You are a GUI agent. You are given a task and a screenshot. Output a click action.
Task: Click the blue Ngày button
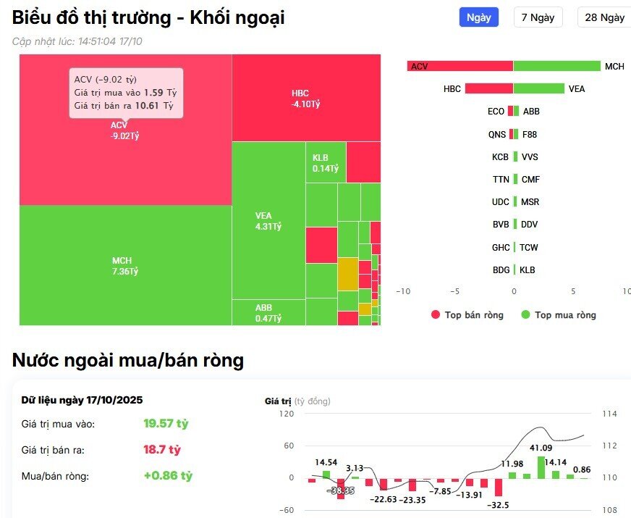coord(478,17)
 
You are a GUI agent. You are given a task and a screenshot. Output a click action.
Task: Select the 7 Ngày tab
coord(538,17)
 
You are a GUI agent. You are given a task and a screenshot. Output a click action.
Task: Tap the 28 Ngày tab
coord(604,17)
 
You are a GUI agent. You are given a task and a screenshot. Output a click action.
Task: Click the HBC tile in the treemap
coord(306,98)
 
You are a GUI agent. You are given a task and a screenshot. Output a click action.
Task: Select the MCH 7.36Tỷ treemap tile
coord(125,265)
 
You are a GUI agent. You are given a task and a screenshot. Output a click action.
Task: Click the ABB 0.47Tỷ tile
coord(268,312)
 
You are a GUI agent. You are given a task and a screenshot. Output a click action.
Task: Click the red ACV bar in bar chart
coord(460,66)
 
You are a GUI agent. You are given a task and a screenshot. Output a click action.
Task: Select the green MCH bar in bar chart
coord(556,66)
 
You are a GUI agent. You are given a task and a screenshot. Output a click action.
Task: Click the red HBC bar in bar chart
coord(488,88)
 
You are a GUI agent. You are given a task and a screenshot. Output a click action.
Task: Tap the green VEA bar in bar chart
coord(538,88)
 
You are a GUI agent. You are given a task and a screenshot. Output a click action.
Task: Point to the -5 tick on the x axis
coord(455,291)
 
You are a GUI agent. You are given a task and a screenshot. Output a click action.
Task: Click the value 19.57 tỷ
coord(166,423)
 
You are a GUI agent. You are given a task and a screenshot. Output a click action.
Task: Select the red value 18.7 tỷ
coord(162,450)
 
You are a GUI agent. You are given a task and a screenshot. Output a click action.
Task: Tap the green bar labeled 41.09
coord(541,467)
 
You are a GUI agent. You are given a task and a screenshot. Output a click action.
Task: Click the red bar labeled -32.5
coord(498,486)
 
